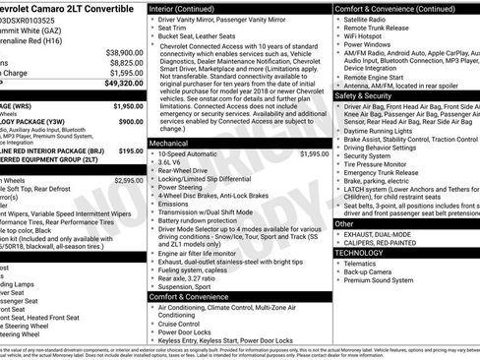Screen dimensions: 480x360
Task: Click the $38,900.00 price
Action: coord(124,53)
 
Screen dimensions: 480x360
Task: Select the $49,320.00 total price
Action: coord(122,86)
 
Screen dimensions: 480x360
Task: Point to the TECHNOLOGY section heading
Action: coord(361,254)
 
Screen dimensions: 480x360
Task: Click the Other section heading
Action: coord(343,223)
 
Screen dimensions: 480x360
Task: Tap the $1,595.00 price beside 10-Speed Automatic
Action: coord(314,154)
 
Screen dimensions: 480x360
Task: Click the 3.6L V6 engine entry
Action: coord(174,164)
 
